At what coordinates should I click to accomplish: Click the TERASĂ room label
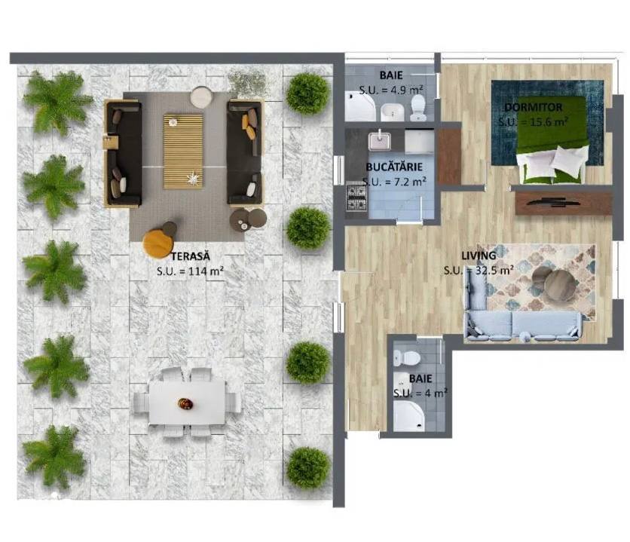pos(191,256)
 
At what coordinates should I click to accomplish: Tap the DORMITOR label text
pos(534,107)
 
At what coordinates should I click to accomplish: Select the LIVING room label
pos(479,256)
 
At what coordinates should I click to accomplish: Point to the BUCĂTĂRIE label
pos(393,167)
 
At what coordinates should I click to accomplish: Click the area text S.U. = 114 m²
pos(190,271)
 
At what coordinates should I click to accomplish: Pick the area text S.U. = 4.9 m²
pos(390,90)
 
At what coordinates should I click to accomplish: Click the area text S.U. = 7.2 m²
pos(393,182)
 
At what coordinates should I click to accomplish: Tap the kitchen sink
pos(379,141)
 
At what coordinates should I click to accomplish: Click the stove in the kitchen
pos(356,197)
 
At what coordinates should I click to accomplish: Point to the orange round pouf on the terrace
pos(158,242)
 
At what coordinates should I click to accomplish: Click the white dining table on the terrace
pos(187,403)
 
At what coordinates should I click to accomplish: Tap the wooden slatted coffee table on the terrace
pos(183,151)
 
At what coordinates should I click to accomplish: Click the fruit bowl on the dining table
pos(185,404)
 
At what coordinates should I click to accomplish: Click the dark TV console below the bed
pos(564,204)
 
